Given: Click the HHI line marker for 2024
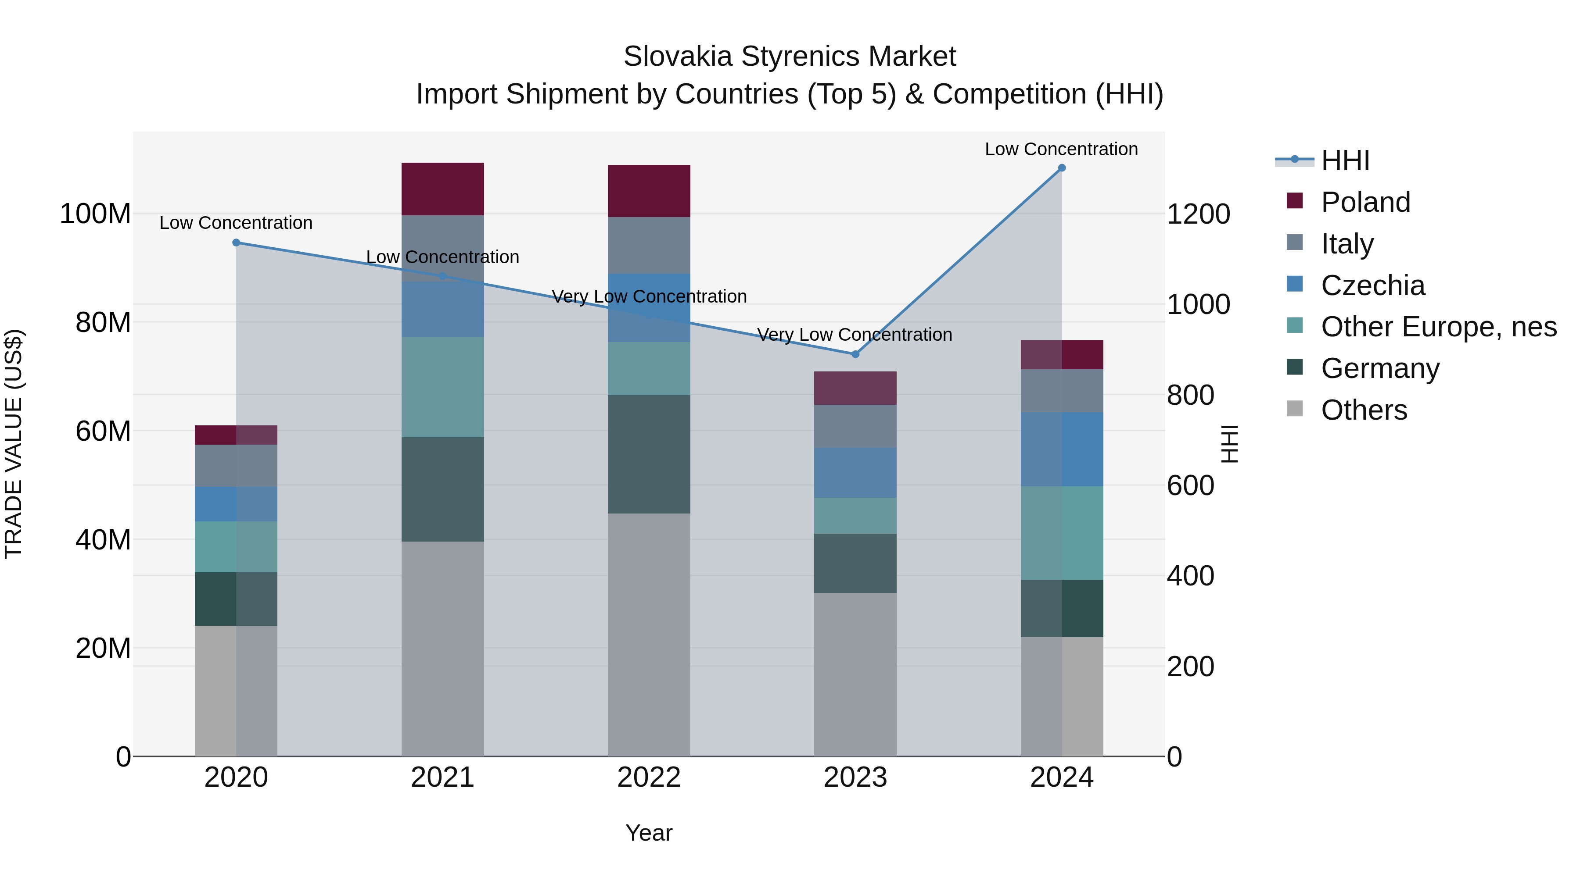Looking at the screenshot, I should pos(1062,168).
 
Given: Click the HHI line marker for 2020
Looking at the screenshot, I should pos(236,243).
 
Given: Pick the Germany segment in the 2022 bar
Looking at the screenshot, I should pos(649,454).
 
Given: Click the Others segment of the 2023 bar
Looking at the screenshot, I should pos(855,674).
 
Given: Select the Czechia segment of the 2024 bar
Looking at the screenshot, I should pos(1062,449).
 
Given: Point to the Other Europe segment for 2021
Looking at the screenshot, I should pos(442,387).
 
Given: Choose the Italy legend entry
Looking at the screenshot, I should pos(1347,244).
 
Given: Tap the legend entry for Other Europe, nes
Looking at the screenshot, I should pos(1438,327).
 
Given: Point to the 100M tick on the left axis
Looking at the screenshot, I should pos(95,214).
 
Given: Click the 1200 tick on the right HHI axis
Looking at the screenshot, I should pos(1198,214).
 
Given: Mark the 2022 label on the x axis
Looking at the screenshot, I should pos(649,777).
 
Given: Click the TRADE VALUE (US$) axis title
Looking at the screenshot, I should pos(14,444).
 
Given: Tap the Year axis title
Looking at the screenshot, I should pos(649,833).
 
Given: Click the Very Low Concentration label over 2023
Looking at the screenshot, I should pos(855,335).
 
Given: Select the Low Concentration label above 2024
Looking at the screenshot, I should pos(1061,149).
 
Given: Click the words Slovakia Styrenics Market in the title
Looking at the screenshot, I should pos(790,57).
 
